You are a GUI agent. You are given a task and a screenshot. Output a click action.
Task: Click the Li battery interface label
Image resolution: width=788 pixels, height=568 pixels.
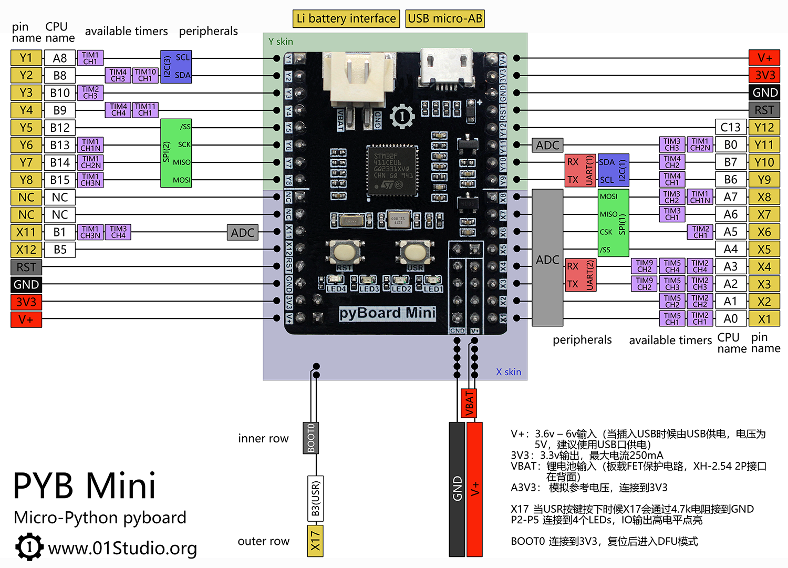(346, 19)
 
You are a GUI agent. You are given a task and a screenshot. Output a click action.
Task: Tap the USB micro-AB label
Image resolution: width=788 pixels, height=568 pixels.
(445, 19)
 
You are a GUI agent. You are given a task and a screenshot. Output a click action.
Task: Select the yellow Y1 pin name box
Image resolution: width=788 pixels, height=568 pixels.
(26, 58)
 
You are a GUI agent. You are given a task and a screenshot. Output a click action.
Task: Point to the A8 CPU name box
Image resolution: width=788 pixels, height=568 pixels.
(60, 58)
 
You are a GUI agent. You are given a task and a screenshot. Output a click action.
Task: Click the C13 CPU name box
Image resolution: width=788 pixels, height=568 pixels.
(730, 127)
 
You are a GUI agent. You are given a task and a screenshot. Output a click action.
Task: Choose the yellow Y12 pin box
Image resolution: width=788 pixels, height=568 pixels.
(764, 127)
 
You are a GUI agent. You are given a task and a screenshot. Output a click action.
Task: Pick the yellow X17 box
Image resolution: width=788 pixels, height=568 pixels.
(315, 541)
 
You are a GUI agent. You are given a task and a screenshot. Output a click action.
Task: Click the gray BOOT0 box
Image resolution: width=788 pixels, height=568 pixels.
(311, 438)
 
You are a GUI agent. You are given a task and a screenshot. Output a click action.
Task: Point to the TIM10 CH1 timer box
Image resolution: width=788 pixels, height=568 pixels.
(145, 75)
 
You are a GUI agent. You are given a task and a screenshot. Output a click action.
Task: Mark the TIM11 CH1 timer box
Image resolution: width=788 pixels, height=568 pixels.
(145, 110)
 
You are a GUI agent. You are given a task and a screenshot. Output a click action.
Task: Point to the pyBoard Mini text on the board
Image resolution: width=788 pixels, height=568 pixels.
(387, 313)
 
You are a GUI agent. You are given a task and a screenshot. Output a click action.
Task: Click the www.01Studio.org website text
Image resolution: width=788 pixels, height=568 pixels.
(122, 548)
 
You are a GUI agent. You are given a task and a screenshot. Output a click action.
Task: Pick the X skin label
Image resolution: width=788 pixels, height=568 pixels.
(509, 372)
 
